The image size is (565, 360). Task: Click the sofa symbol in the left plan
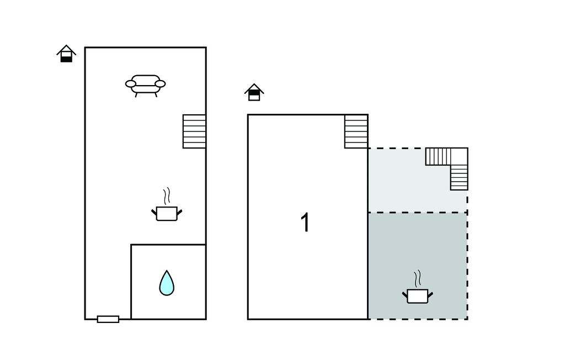146,84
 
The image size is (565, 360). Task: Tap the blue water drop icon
167,283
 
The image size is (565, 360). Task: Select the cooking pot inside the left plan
166,213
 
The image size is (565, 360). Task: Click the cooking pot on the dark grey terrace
417,296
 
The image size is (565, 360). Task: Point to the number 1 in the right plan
305,223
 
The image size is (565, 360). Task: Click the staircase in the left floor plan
194,131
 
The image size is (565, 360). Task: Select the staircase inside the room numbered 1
356,131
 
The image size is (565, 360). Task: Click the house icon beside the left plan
66,54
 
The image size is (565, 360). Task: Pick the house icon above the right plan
254,92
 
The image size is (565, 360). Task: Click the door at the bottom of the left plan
108,319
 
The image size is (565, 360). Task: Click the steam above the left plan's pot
166,196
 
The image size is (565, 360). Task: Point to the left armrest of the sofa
131,84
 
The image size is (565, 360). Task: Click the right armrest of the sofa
160,84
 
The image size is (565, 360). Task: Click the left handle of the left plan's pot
154,211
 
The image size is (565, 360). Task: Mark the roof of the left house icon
66,49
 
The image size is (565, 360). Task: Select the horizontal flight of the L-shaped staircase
439,156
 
